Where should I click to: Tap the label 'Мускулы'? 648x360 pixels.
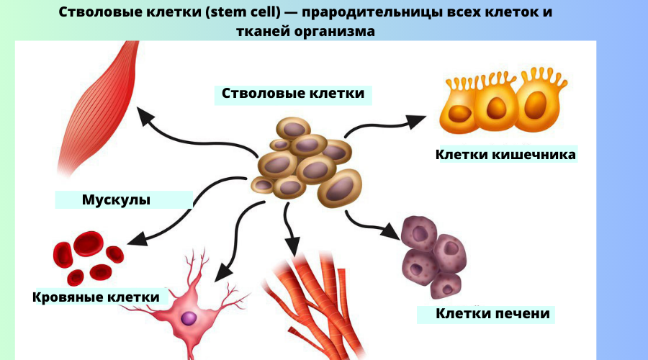116,199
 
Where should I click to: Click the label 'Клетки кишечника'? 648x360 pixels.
505,154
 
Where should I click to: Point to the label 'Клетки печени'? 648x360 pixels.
492,314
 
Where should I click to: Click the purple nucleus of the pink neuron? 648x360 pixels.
189,318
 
